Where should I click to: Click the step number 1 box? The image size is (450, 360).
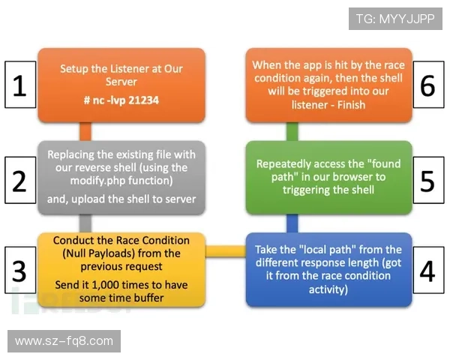(x=20, y=85)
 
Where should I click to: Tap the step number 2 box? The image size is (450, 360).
(x=20, y=180)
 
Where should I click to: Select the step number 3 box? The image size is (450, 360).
(x=20, y=270)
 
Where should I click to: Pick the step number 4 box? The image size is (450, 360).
(x=428, y=270)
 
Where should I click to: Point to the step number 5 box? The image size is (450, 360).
(x=428, y=180)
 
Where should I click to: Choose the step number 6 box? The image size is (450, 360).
(x=428, y=85)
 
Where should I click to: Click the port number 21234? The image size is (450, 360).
(x=143, y=100)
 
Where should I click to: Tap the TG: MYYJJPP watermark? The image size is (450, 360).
(x=395, y=19)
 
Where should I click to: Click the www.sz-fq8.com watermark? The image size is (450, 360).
(x=64, y=341)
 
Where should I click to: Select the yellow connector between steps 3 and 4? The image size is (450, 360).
(x=226, y=251)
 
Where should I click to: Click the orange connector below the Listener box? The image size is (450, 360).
(x=85, y=132)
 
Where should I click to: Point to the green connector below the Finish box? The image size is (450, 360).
(x=292, y=132)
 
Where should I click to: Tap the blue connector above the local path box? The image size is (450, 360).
(x=292, y=223)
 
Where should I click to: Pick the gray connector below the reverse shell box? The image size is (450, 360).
(x=85, y=223)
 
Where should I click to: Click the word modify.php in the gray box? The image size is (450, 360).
(x=97, y=181)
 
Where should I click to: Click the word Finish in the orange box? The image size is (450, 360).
(x=351, y=105)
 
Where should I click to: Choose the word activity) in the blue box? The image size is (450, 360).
(x=328, y=289)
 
